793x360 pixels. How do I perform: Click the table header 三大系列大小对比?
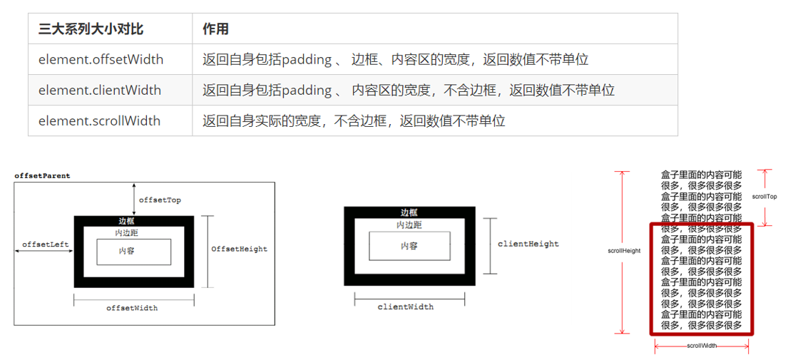tap(91, 29)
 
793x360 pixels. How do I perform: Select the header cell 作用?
tap(215, 29)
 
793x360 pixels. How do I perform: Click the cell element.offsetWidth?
tap(101, 60)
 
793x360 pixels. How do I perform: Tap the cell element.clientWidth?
tap(100, 91)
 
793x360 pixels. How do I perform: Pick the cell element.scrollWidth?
tap(99, 121)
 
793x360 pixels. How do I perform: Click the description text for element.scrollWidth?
tap(354, 121)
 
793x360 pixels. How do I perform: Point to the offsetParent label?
tap(42, 175)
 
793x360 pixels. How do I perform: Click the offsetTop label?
tap(160, 200)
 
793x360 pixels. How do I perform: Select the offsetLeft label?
tap(45, 245)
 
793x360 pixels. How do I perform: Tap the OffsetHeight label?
tap(239, 249)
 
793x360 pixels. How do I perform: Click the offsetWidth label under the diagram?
tap(132, 308)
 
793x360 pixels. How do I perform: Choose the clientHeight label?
tap(528, 244)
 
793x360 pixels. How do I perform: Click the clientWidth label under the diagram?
tap(405, 307)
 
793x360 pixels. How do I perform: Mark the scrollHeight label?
tap(623, 251)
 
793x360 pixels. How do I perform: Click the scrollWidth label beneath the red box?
tap(702, 345)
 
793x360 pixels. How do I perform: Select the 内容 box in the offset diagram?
tap(133, 252)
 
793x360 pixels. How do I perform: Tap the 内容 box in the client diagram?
tap(409, 246)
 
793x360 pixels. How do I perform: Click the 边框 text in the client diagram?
tap(409, 212)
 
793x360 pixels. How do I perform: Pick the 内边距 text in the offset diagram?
tap(128, 233)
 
